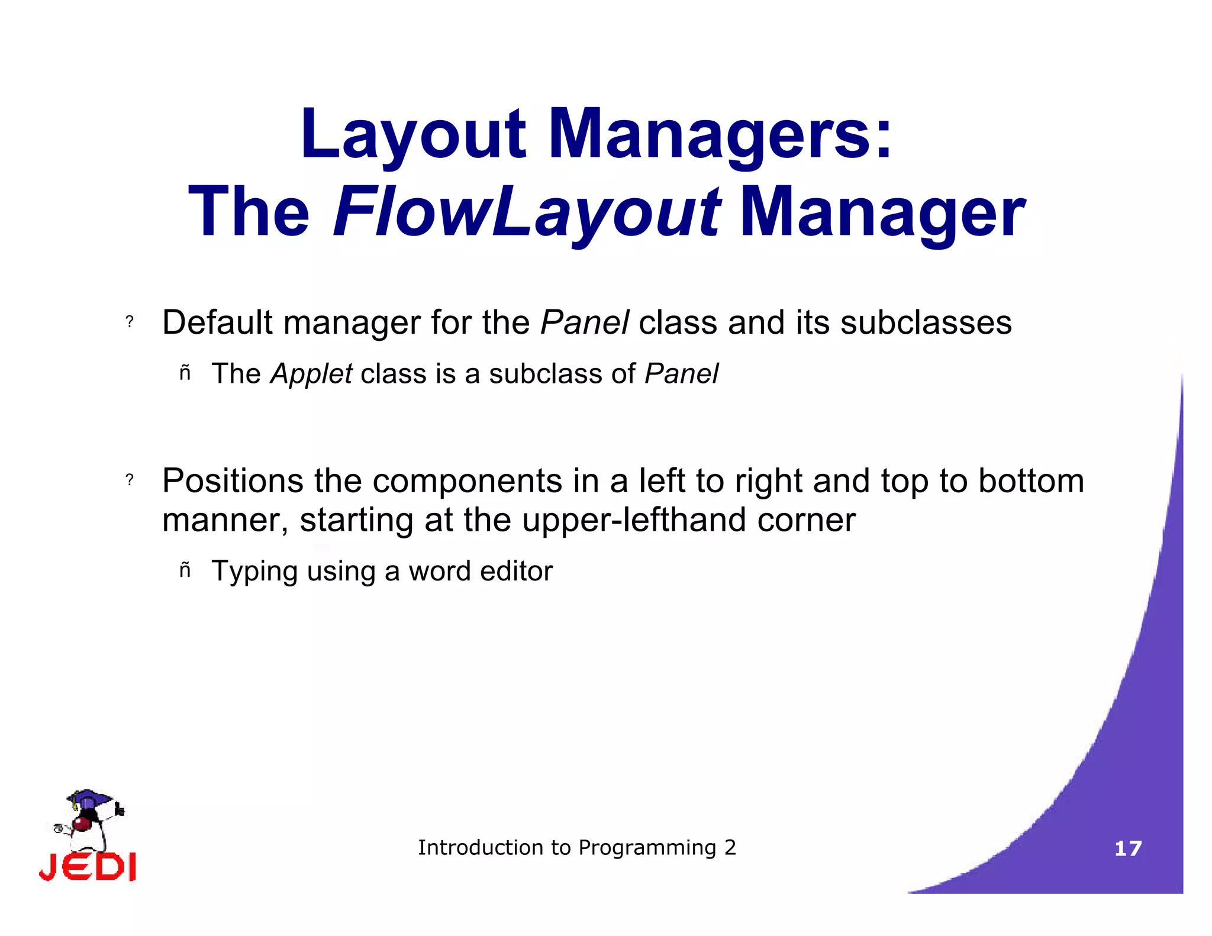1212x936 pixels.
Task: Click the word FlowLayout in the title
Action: [x=527, y=212]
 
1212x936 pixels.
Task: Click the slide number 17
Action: [x=1128, y=848]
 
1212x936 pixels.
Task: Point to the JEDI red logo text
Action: [x=88, y=867]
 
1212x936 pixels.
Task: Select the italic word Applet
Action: [x=311, y=374]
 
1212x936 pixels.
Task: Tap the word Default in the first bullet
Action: [x=218, y=322]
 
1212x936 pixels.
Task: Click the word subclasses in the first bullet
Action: [x=926, y=322]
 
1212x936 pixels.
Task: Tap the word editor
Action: [x=516, y=571]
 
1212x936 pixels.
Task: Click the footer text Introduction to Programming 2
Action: [x=577, y=847]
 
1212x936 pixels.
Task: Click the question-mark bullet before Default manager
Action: [x=130, y=322]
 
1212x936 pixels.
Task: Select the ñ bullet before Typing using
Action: [x=185, y=570]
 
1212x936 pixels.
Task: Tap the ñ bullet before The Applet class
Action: [x=185, y=373]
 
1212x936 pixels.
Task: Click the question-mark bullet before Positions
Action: [x=130, y=480]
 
